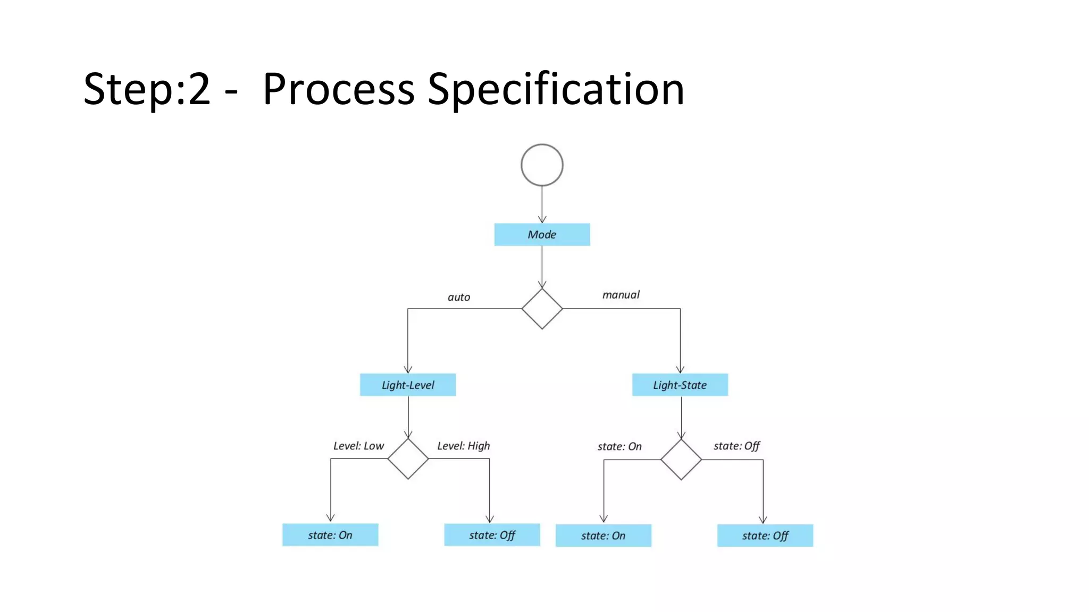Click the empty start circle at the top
tap(542, 165)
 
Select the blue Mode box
tap(542, 234)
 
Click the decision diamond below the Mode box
tap(542, 309)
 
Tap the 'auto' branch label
tap(458, 297)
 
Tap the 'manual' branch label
tap(621, 295)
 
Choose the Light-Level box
tap(408, 385)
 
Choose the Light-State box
tap(680, 385)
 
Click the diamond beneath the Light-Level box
tap(408, 458)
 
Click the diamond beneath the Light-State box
tap(681, 460)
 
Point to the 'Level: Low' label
tap(358, 446)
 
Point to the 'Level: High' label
tap(463, 446)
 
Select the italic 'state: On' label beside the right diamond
tap(619, 446)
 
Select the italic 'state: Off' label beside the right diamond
tap(736, 446)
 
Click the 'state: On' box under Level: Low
tap(330, 534)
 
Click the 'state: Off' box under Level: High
tap(492, 534)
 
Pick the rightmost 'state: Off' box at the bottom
tap(765, 535)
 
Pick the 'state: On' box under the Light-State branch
tap(603, 535)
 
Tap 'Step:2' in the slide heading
tap(147, 89)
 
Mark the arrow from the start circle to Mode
tap(542, 205)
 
